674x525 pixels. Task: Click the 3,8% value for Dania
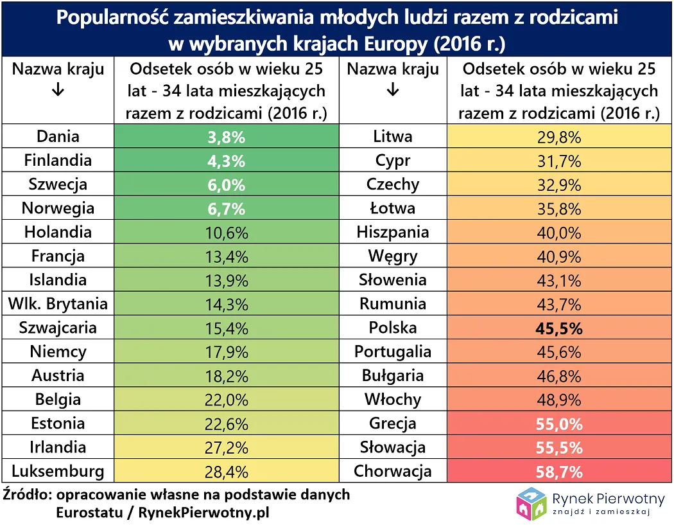226,137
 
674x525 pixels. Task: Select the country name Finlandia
58,161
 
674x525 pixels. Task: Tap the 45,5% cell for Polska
558,329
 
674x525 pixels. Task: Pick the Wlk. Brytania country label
58,304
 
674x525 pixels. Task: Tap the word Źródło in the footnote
26,495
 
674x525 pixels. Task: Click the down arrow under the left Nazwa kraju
58,91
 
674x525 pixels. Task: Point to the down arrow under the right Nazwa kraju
392,91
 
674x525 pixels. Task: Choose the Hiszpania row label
392,232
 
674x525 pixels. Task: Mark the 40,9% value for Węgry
558,256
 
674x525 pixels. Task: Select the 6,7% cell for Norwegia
226,208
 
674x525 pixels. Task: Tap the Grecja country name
392,424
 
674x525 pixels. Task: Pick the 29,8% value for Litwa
558,137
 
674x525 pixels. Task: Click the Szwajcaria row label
58,328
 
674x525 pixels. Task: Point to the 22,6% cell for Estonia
226,424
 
